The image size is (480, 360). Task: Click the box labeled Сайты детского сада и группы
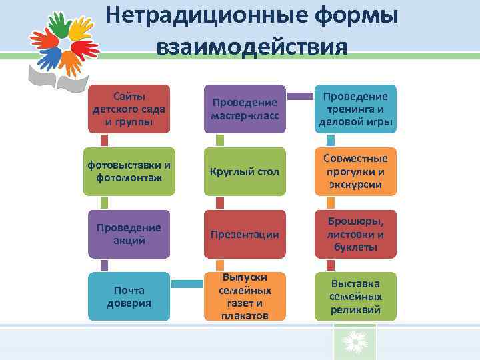(129, 108)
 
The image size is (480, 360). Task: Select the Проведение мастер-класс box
(244, 108)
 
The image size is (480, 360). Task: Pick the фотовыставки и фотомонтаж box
(129, 171)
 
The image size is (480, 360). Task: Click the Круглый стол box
(244, 171)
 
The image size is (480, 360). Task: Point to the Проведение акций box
(129, 234)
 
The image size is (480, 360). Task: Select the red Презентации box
(244, 234)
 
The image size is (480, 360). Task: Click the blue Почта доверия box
(129, 297)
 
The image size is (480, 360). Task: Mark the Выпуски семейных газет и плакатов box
(244, 297)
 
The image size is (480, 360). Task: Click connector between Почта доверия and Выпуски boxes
(187, 285)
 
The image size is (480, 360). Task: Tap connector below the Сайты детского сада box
(104, 139)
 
